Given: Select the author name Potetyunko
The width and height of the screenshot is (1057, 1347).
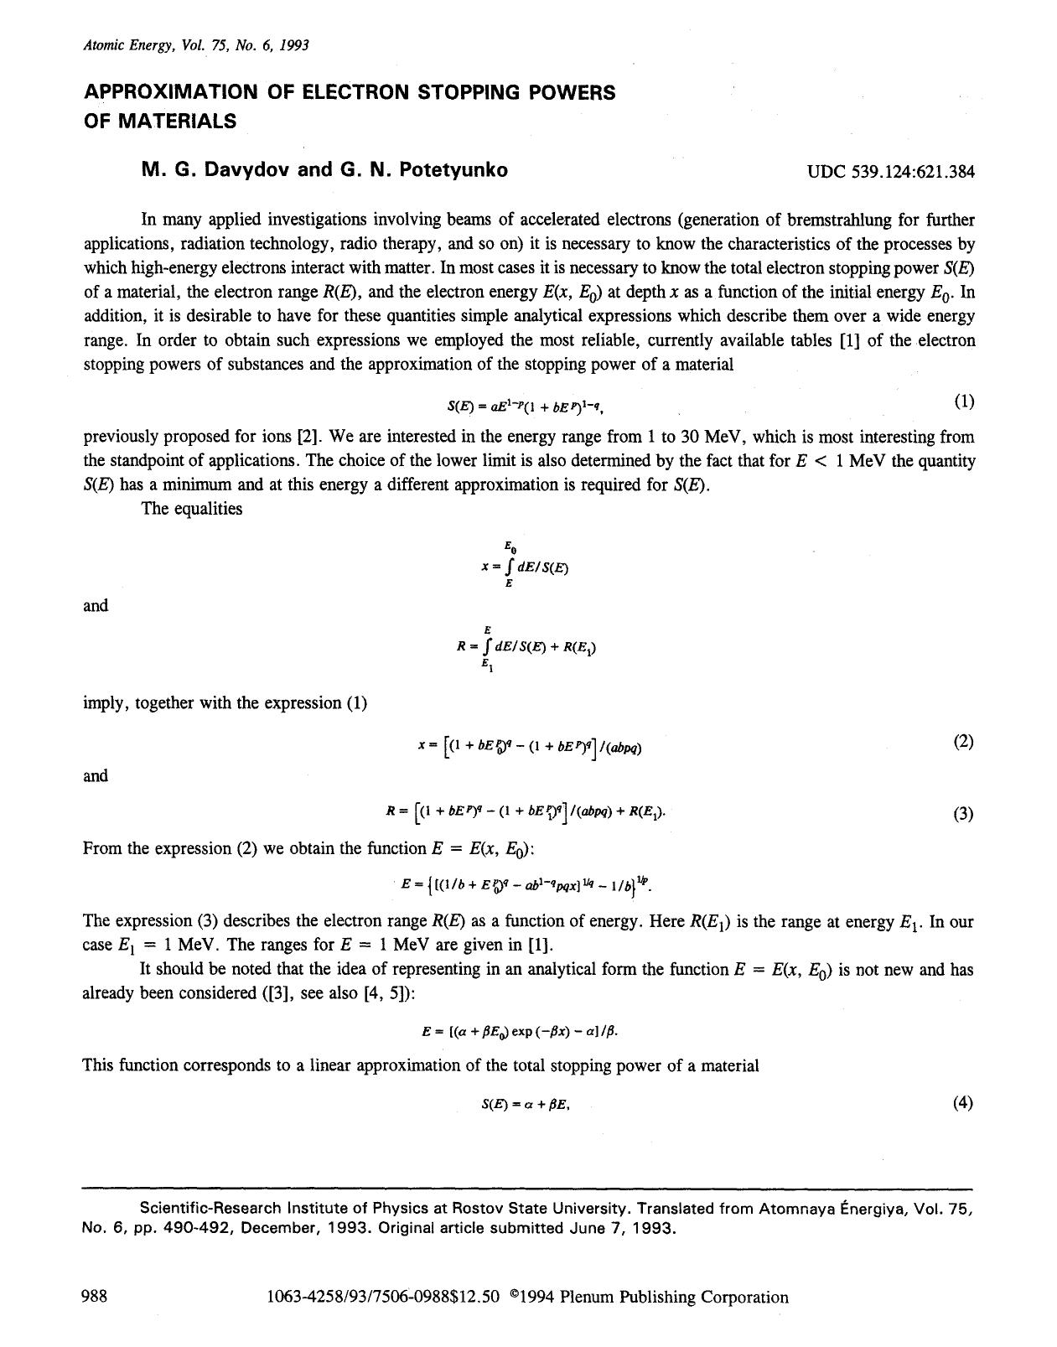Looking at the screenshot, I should coord(453,170).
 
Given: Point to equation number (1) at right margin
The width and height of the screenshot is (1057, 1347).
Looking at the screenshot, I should coord(964,402).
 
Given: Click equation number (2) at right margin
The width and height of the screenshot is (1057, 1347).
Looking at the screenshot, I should coord(963,741).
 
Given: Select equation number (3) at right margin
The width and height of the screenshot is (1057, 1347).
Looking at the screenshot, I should coord(963,813).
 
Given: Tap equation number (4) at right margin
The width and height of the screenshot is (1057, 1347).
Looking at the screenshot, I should coord(963,1103).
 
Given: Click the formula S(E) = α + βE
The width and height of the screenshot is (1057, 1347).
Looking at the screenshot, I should coord(526,1105).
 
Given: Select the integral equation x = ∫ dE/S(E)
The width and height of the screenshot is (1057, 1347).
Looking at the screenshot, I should coord(525,567).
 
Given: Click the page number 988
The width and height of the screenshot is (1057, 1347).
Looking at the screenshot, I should coord(94,1297).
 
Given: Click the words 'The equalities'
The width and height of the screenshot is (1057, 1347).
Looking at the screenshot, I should coord(192,509).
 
